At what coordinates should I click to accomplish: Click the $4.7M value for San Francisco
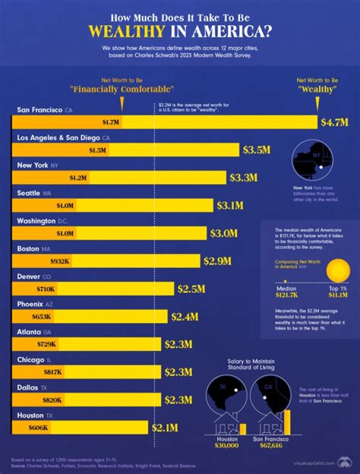[x=334, y=122]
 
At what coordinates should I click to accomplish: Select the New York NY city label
[x=38, y=165]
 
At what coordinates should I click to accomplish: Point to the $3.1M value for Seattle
[x=230, y=205]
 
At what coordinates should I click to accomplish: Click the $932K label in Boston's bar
[x=60, y=261]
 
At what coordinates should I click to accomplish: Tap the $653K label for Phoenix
[x=42, y=317]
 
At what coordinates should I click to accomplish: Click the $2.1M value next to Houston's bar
[x=164, y=428]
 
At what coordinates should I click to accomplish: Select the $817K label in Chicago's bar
[x=52, y=372]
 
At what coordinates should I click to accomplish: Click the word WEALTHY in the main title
[x=126, y=31]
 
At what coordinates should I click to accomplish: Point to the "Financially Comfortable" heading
[x=122, y=89]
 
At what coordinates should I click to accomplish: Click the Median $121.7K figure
[x=286, y=292]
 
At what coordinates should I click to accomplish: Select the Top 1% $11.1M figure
[x=338, y=292]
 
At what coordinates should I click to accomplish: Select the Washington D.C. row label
[x=43, y=221]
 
